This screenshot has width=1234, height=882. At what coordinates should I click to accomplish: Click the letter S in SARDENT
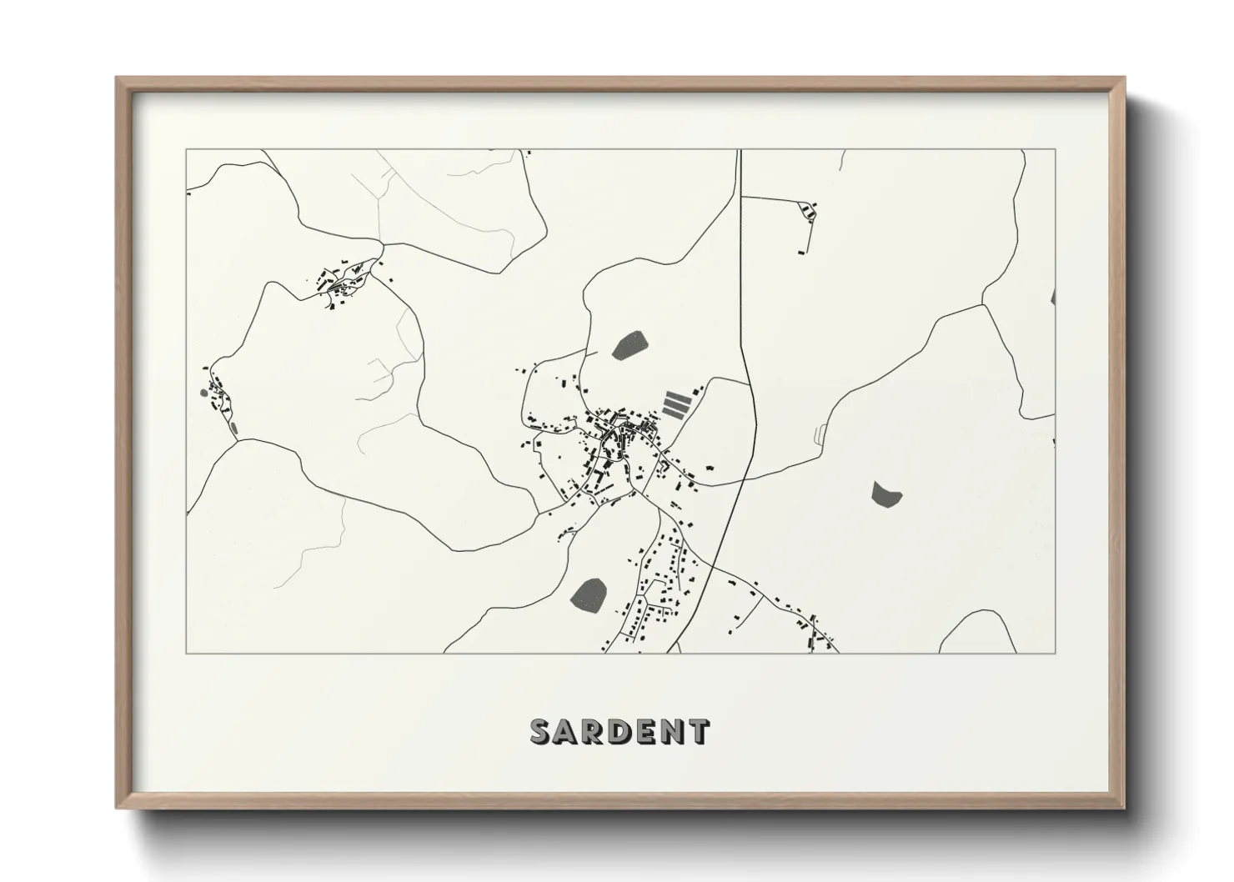click(x=541, y=731)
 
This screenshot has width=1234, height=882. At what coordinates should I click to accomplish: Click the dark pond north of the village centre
click(x=630, y=345)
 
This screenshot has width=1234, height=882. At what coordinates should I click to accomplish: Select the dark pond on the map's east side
click(x=885, y=494)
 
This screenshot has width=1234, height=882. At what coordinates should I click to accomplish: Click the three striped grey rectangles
click(x=677, y=403)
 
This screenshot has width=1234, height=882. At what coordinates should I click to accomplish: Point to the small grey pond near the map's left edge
click(x=203, y=392)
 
